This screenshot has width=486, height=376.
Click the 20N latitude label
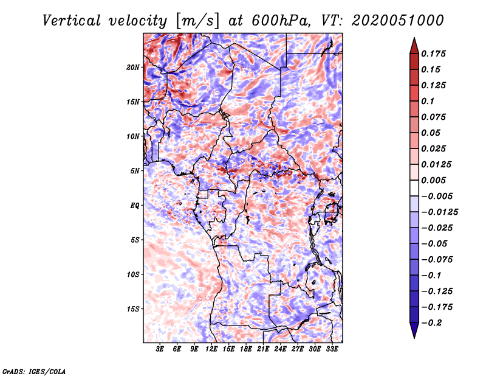coord(133,68)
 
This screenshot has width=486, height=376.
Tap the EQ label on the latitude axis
coord(134,206)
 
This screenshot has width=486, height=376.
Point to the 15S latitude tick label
coord(133,309)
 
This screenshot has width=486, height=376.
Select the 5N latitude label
coord(135,171)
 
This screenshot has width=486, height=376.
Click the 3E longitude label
coord(160,349)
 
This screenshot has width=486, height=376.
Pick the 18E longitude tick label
coord(246,349)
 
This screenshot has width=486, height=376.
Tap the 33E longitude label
coord(332,349)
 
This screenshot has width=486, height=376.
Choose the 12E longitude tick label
coord(211,349)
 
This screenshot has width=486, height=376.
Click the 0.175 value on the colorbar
coord(433,54)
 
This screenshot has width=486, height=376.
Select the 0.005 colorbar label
coord(433,180)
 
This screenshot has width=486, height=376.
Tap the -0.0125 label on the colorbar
coord(439,212)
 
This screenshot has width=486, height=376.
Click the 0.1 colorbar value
coord(428,101)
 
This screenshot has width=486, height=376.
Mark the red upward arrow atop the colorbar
coord(414,46)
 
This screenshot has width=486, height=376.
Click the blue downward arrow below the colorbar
coord(414,330)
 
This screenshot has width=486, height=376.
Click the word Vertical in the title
coord(72,21)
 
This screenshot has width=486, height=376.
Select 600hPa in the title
coord(281,21)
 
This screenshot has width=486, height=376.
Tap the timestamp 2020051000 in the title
coord(398,21)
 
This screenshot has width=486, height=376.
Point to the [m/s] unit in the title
coord(197,21)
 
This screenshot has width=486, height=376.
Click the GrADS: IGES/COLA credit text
coord(34,372)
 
